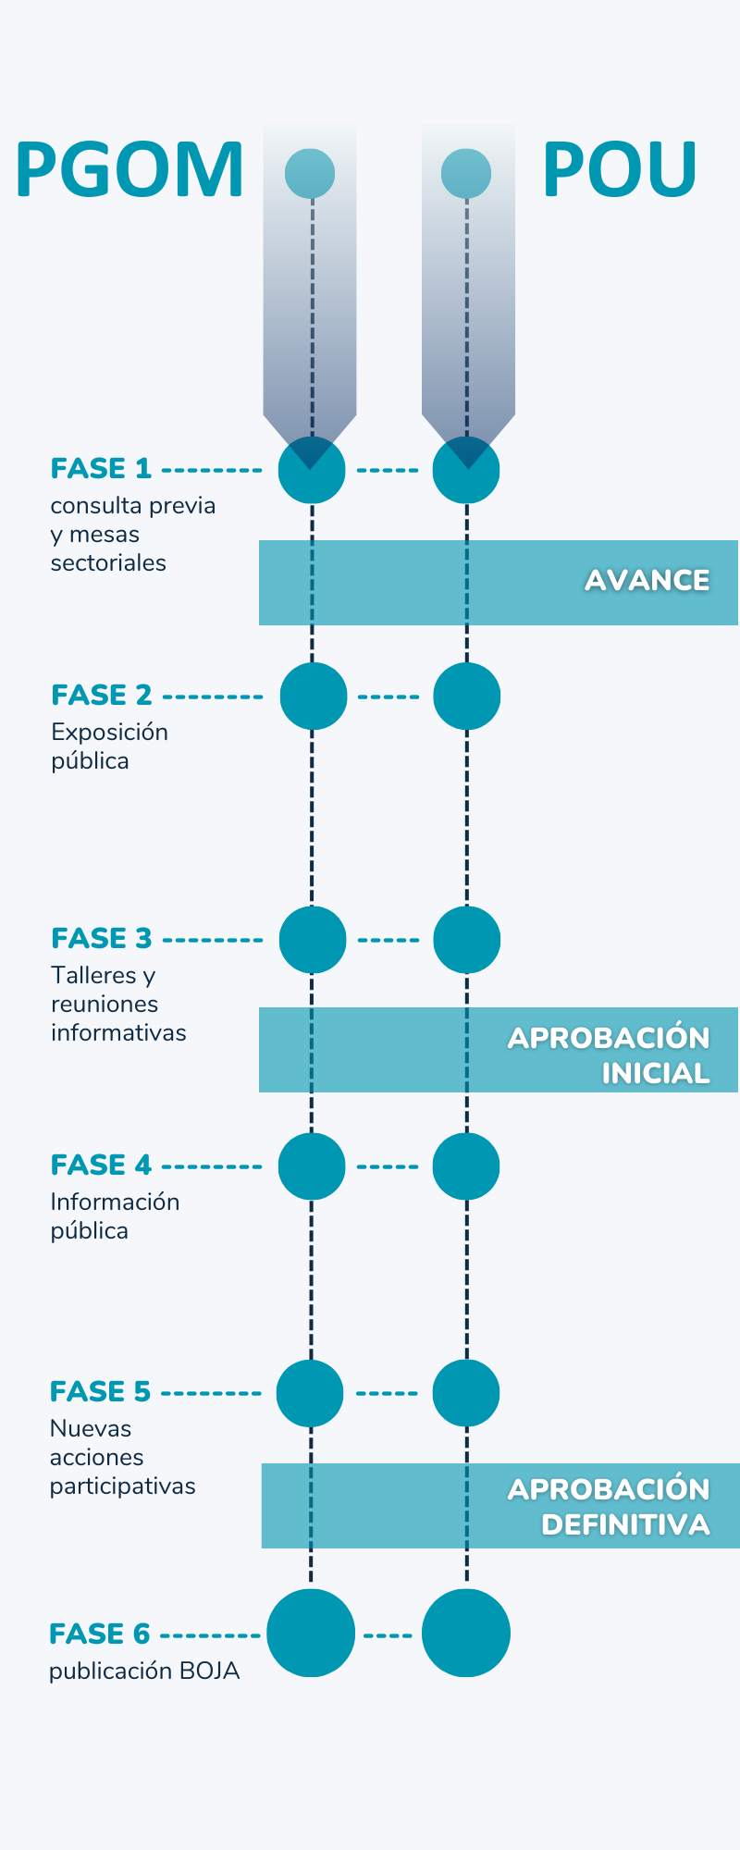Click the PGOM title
point(129,170)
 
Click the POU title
point(619,170)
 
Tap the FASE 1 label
point(101,469)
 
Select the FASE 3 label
point(102,939)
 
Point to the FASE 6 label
point(99,1634)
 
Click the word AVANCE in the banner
point(647,581)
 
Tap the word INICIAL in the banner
point(655,1074)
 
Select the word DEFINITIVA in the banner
point(625,1525)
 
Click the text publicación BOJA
point(144,1671)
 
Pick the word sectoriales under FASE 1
point(108,563)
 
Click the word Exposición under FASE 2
point(109,733)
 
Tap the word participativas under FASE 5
point(122,1486)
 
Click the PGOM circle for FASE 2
point(313,697)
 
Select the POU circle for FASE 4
point(466,1166)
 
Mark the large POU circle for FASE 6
point(466,1634)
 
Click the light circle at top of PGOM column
point(310,173)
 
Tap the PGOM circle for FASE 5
point(310,1393)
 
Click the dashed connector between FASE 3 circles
point(388,940)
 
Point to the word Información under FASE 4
point(115,1202)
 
